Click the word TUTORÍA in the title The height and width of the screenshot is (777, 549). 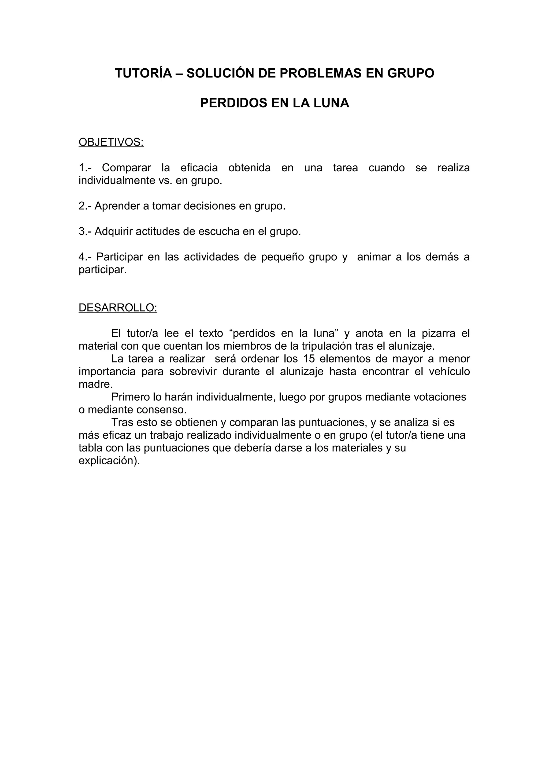[x=143, y=73]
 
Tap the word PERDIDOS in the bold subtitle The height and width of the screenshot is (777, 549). [x=234, y=103]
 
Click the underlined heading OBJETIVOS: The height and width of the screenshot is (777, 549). [x=111, y=142]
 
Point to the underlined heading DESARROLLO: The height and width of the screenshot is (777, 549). [x=118, y=308]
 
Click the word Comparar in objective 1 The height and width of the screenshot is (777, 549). [x=126, y=168]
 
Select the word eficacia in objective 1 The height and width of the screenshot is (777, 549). [x=199, y=168]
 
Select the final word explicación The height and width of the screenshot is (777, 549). [x=109, y=461]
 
